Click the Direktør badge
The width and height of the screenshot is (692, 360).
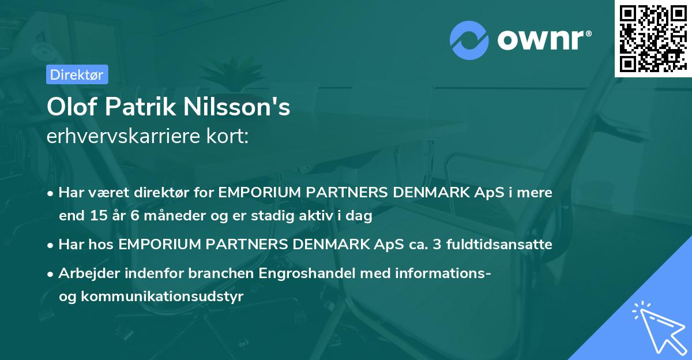click(x=76, y=74)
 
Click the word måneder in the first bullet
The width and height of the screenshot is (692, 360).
click(x=163, y=216)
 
